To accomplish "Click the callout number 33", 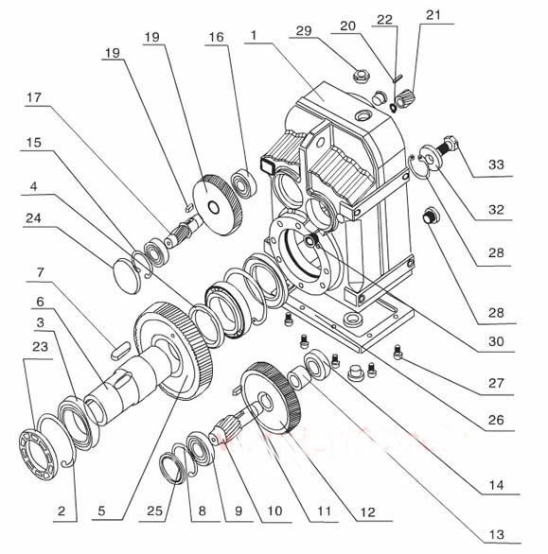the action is pos(496,164).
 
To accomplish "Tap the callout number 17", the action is pos(34,97).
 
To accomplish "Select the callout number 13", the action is pos(496,535).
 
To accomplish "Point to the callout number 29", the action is pos(304,31).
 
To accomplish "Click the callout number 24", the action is pos(33,218).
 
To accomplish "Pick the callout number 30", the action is pos(496,341).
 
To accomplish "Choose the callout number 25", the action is pos(154,511).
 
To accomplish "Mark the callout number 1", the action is pos(254,35).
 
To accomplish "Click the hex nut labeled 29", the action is pos(361,76).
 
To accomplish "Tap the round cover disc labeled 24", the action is pos(127,276).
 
